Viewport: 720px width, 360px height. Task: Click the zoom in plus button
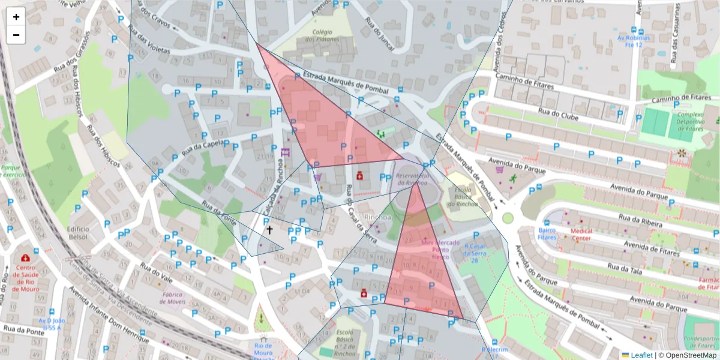click(16, 17)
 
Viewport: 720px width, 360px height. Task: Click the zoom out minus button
click(16, 35)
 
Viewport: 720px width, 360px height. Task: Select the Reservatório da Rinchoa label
click(413, 179)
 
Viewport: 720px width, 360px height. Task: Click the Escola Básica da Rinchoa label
click(464, 194)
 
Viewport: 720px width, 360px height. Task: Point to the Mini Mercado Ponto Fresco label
click(436, 249)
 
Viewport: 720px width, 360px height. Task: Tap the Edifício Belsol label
click(78, 233)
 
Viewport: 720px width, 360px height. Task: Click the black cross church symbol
click(269, 229)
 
